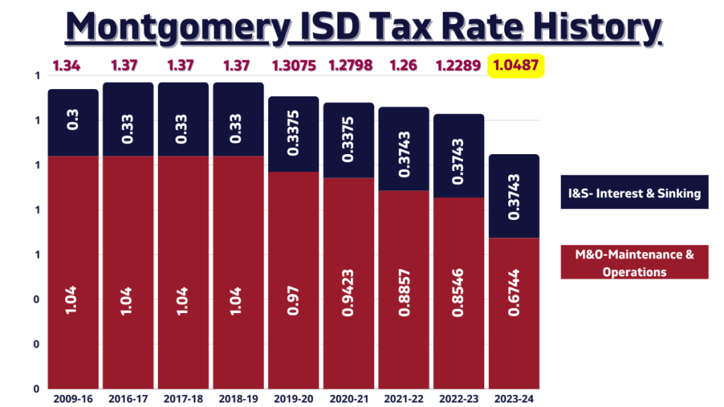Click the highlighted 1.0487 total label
click(515, 67)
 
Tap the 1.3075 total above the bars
click(293, 67)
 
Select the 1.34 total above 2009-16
click(67, 67)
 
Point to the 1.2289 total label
click(459, 67)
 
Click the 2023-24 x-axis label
click(515, 399)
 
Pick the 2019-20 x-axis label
click(293, 399)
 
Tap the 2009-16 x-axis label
click(72, 399)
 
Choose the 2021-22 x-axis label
click(403, 399)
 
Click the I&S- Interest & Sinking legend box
click(634, 192)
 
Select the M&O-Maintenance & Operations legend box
click(634, 262)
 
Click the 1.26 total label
click(403, 67)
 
